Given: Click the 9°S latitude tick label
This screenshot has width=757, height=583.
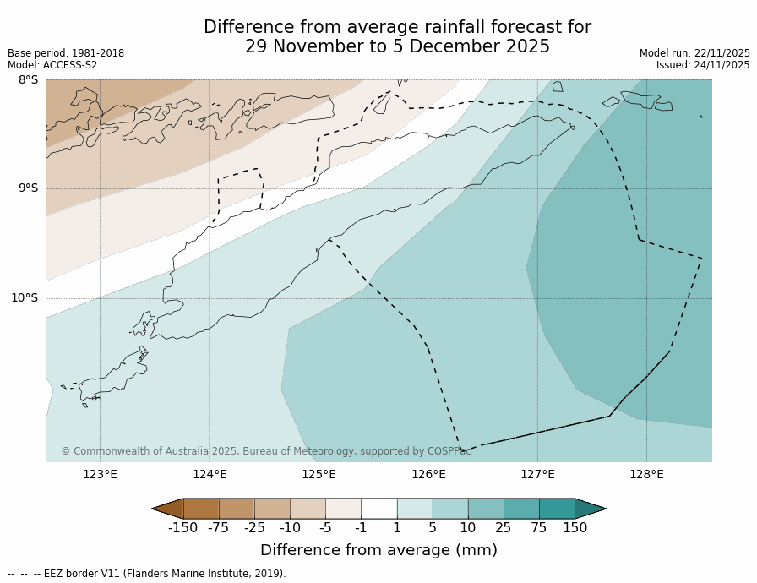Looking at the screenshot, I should click(x=28, y=188).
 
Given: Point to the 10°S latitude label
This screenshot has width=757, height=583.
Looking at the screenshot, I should click(x=25, y=297).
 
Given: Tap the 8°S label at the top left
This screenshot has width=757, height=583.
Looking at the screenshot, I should click(x=28, y=80).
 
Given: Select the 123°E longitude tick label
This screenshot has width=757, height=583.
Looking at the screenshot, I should click(x=100, y=474).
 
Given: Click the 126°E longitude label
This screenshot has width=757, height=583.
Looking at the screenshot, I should click(x=428, y=474).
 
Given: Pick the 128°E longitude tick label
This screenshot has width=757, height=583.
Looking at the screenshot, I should click(x=646, y=474).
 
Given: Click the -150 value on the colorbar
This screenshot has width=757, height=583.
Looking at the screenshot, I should click(x=182, y=528).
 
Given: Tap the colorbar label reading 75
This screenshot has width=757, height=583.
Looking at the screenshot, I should click(x=538, y=528).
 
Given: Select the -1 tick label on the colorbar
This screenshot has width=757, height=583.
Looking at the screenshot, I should click(x=361, y=528).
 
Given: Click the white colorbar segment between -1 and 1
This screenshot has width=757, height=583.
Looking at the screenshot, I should click(x=378, y=509).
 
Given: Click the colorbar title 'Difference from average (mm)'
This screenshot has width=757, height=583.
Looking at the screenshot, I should click(x=378, y=551).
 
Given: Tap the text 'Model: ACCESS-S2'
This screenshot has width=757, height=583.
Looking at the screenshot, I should click(x=52, y=65).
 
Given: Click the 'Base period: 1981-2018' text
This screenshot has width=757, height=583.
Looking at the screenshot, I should click(x=66, y=53).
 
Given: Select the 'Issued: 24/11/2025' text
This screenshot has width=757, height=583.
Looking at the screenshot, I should click(x=703, y=65).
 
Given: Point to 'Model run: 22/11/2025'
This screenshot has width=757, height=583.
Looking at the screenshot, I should click(x=694, y=53).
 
